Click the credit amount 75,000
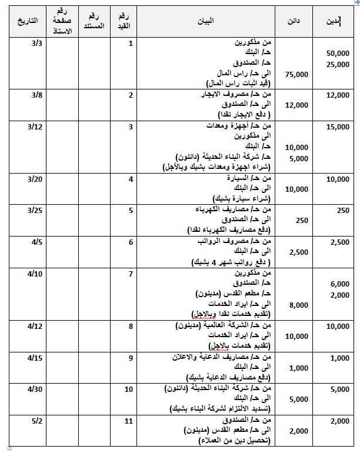click(296, 75)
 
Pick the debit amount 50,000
click(338, 54)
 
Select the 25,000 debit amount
click(338, 64)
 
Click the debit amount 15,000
click(338, 127)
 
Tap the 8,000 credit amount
click(298, 305)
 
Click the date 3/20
click(35, 179)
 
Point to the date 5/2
click(36, 421)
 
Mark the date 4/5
click(35, 242)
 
